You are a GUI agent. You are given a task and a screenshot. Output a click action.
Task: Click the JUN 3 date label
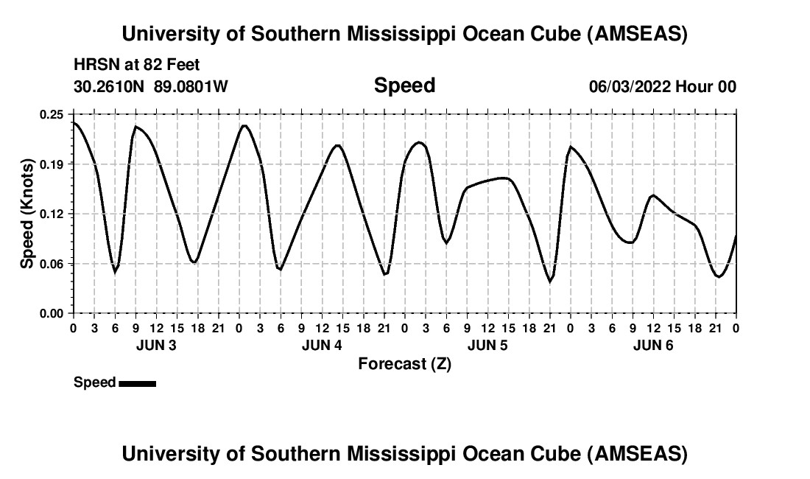[156, 345]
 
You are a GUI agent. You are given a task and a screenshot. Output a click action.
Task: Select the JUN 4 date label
[322, 345]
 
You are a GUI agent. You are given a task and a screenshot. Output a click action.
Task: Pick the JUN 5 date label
[487, 345]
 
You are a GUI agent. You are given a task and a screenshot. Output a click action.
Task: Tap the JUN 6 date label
[653, 345]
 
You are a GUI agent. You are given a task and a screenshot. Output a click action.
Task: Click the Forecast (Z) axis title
[404, 363]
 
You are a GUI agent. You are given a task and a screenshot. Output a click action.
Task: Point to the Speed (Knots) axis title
[27, 213]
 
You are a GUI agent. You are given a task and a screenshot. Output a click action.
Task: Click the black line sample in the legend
[137, 383]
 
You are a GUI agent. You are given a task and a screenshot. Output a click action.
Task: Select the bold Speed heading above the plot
[404, 85]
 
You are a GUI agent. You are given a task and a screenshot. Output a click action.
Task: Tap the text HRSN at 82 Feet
[137, 66]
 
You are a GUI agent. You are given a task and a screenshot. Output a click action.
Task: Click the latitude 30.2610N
[110, 86]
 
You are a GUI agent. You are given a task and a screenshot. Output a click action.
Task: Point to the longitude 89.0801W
[191, 86]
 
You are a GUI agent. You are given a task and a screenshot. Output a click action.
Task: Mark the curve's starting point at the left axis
[73, 122]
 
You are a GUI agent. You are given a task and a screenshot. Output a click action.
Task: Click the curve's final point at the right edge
[736, 236]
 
